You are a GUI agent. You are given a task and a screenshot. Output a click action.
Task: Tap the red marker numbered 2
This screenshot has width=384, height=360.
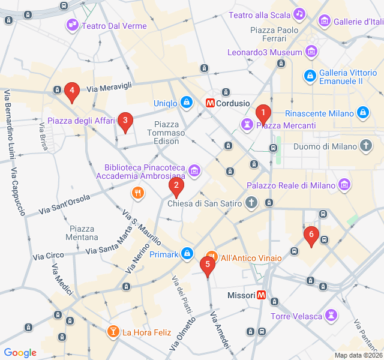(x=176, y=187)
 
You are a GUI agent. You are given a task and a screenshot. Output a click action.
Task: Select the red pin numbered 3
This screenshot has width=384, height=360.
(x=125, y=122)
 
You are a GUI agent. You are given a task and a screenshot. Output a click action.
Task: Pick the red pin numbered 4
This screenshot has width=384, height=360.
(x=72, y=92)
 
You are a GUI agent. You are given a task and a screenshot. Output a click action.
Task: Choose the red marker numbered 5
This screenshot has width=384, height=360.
(x=208, y=265)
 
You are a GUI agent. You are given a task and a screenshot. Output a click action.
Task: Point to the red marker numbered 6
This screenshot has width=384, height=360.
(x=310, y=236)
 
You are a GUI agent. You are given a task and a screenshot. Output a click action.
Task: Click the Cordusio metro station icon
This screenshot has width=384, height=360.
(x=211, y=103)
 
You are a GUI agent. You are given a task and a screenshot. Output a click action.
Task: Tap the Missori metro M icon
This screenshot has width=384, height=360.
(x=262, y=295)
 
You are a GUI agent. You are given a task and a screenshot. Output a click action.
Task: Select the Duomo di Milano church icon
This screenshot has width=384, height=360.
(x=366, y=146)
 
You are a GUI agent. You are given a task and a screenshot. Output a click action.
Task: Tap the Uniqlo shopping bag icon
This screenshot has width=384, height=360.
(x=187, y=103)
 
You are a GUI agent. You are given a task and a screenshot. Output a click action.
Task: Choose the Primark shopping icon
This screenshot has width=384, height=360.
(x=188, y=254)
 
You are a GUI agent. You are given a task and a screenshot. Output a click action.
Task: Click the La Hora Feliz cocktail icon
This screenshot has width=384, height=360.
(x=113, y=332)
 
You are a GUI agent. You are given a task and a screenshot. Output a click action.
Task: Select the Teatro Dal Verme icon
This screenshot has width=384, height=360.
(x=73, y=25)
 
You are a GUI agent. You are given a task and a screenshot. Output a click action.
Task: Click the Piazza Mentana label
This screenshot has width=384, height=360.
(x=82, y=233)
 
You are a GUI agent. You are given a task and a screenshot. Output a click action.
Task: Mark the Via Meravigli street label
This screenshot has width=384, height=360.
(x=109, y=88)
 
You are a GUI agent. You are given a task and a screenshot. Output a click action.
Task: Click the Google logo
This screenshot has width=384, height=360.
(x=20, y=353)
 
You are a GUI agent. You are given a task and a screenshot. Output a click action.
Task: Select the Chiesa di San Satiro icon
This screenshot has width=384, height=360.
(x=252, y=203)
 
